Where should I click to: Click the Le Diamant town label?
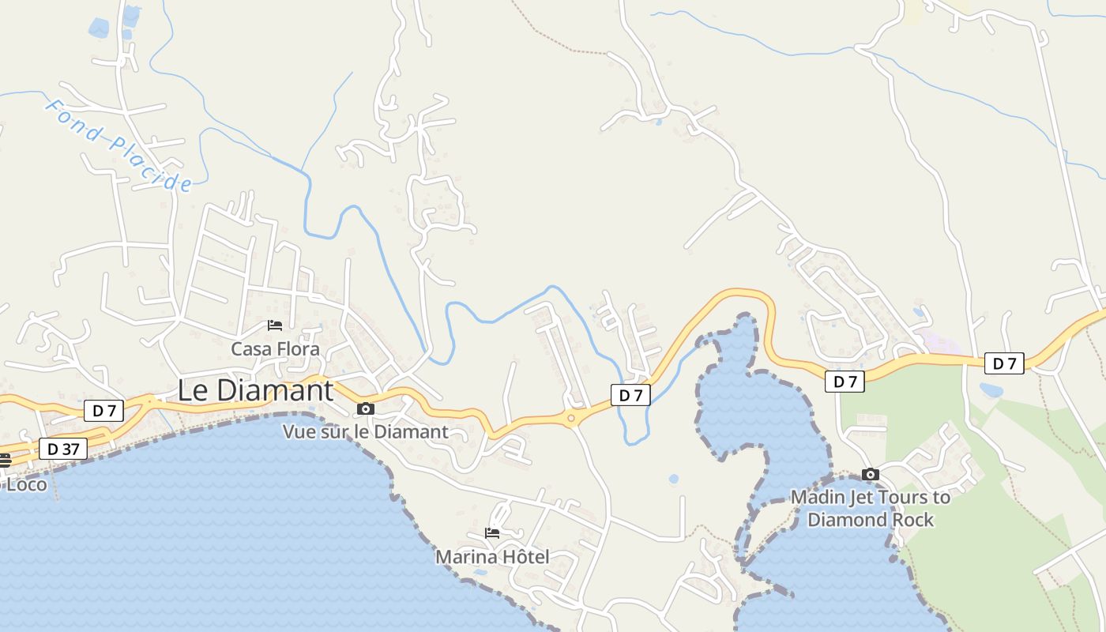click(x=255, y=390)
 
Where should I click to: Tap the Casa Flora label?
click(x=275, y=348)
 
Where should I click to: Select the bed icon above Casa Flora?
click(x=274, y=325)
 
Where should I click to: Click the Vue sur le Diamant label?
click(x=365, y=431)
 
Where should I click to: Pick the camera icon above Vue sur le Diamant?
click(x=365, y=408)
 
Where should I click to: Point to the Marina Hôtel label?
click(x=492, y=556)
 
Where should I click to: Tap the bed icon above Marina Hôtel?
click(x=492, y=533)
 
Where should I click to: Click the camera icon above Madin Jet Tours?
click(x=871, y=474)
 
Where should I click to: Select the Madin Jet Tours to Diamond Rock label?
click(x=871, y=508)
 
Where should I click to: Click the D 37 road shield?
click(x=63, y=449)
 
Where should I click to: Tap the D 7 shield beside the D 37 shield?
click(x=103, y=410)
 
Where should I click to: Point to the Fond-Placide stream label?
click(x=118, y=145)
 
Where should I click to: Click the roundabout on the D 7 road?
click(x=570, y=417)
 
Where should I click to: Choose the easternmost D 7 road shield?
click(x=1003, y=363)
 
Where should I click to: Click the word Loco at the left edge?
click(x=27, y=483)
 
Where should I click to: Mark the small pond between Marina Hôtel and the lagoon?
click(x=673, y=479)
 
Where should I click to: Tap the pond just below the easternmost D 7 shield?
click(x=991, y=389)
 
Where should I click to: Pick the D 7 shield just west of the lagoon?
click(x=630, y=395)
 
